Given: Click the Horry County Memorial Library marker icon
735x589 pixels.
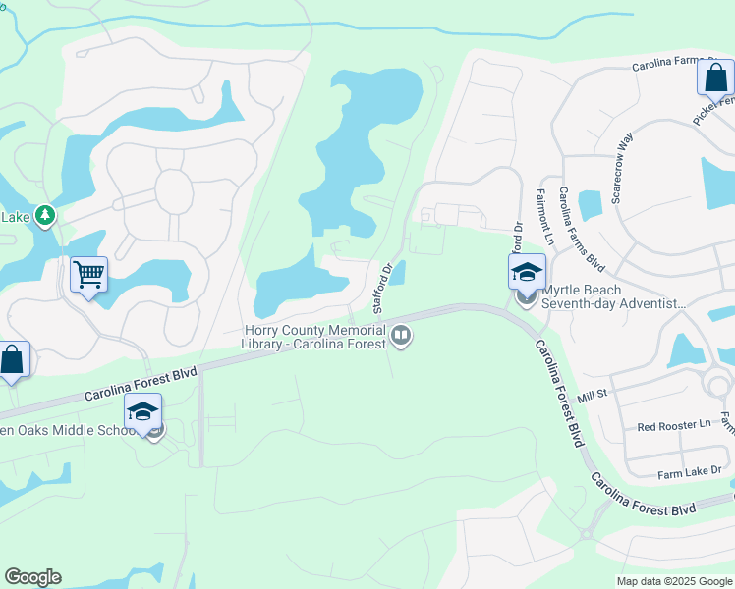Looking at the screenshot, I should tap(401, 337).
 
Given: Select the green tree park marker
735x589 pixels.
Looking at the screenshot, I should tap(44, 214).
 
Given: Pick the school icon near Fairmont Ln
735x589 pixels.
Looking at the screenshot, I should tap(527, 271).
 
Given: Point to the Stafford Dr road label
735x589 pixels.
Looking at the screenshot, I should tap(382, 287).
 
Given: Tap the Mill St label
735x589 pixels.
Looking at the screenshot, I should tap(594, 396).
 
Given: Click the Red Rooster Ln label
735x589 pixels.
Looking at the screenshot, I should tap(673, 425).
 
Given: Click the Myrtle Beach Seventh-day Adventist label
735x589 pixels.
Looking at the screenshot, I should tap(614, 296).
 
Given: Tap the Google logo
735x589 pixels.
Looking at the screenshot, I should tap(32, 577).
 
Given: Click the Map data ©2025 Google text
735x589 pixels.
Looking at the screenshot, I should tap(673, 581).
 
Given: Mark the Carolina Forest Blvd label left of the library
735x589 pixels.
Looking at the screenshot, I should tap(141, 384).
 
